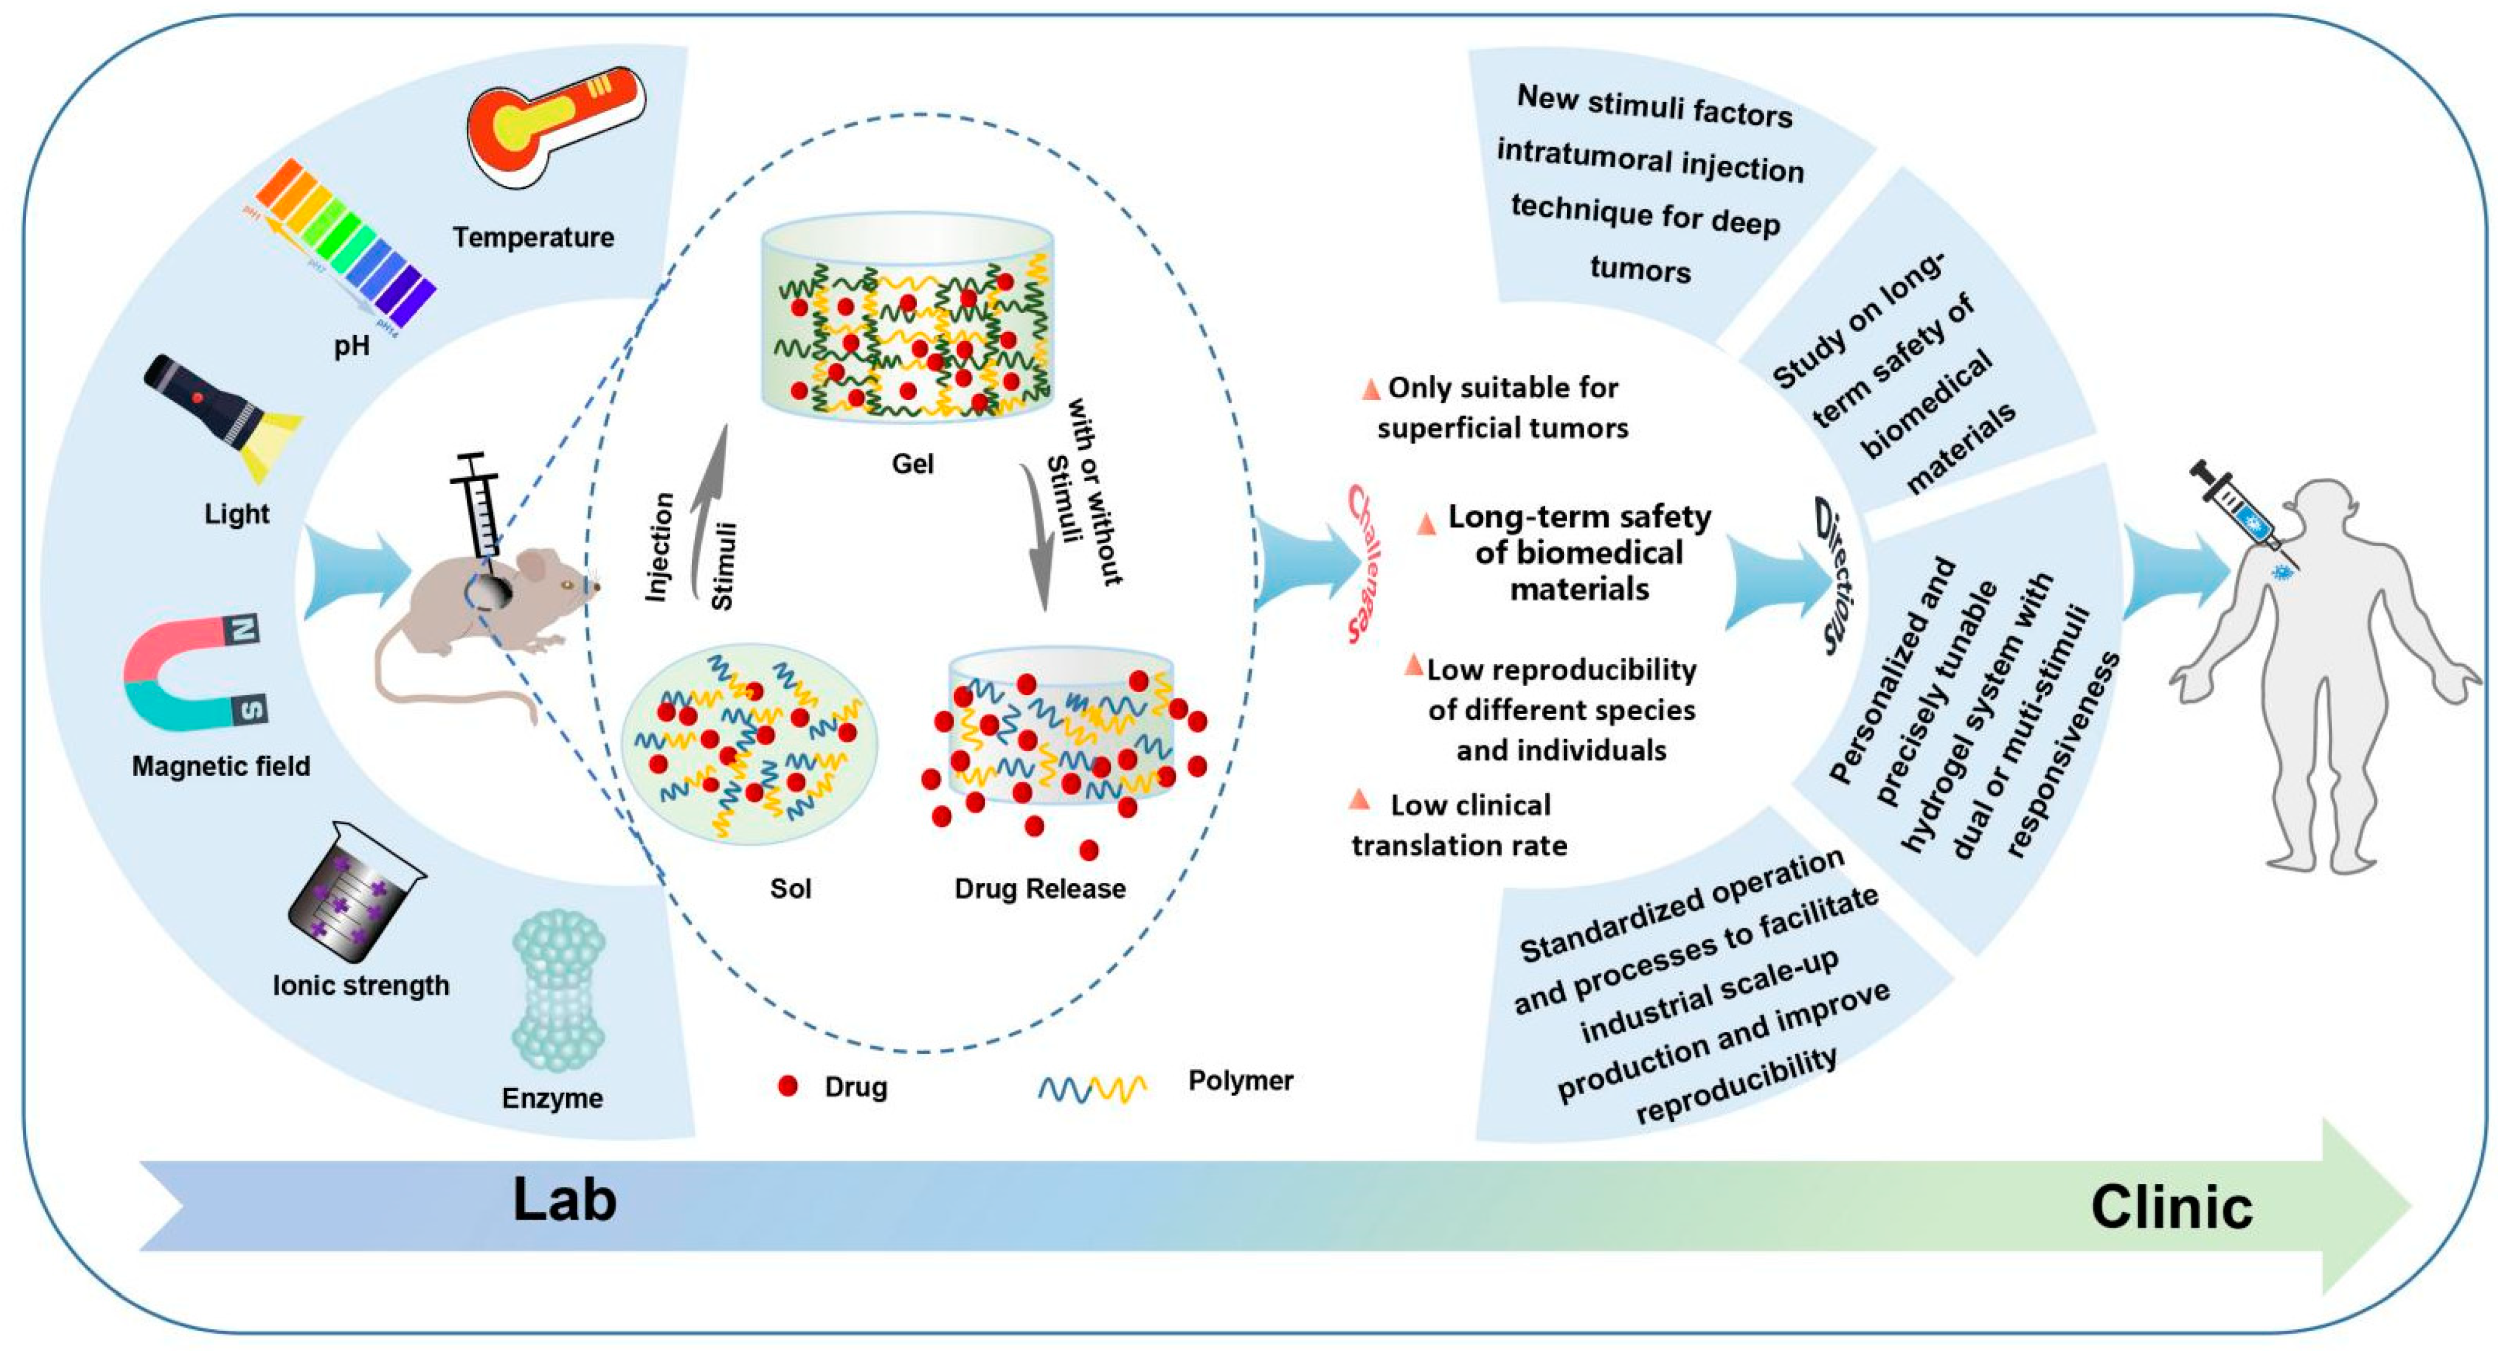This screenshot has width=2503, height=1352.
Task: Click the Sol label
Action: (790, 888)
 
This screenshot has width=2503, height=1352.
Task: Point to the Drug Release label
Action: (1040, 888)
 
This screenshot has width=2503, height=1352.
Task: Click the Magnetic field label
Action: (221, 766)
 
